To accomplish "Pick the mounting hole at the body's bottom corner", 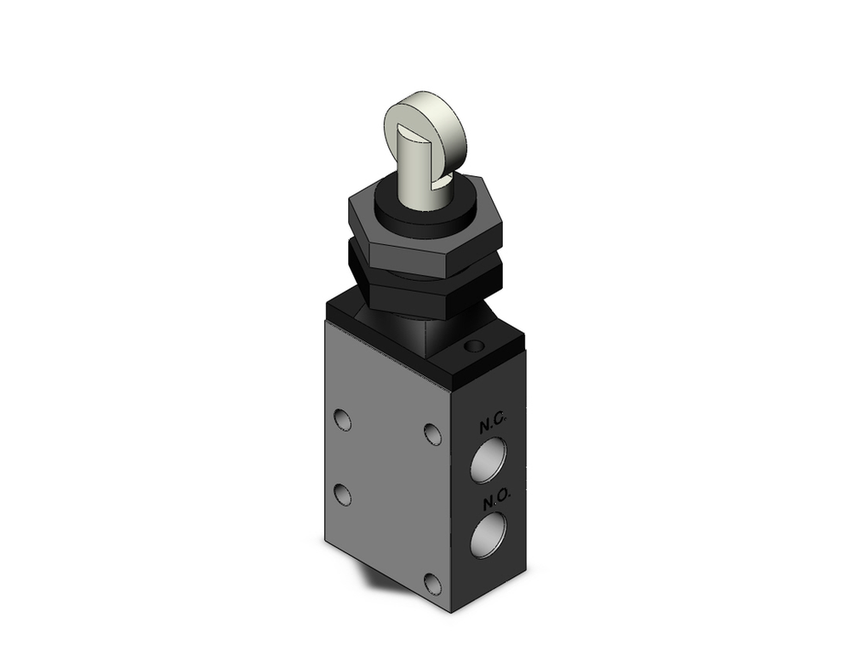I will pos(435,583).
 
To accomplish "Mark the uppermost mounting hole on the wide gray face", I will pos(342,420).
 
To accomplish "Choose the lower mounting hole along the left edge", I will pos(342,494).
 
